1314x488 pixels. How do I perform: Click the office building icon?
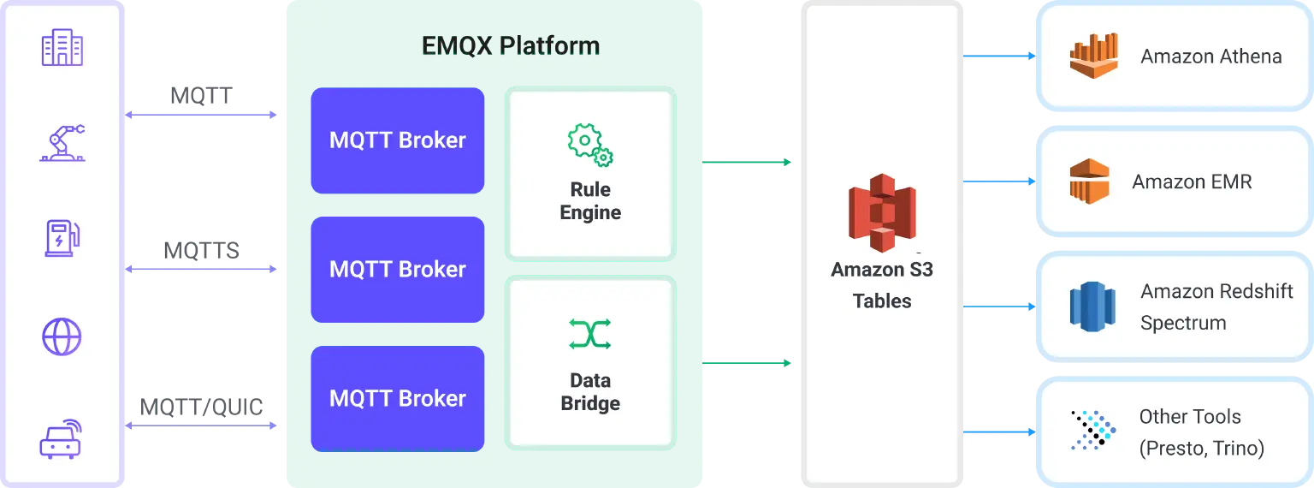pos(62,47)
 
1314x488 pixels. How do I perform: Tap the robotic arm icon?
pos(62,142)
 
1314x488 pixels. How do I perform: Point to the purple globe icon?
pos(62,336)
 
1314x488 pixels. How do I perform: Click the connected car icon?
pos(63,437)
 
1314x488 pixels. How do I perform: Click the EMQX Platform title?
pos(511,45)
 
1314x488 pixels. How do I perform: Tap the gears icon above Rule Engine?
pos(590,145)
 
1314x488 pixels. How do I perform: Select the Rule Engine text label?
pos(590,201)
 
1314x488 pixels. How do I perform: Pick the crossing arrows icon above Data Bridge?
pos(590,334)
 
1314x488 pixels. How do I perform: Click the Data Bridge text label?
pos(590,391)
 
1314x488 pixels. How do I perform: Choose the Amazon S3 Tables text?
pos(882,285)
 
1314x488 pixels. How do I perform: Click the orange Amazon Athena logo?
pos(1094,57)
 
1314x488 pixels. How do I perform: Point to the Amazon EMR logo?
pos(1088,182)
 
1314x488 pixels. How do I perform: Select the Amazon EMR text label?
pos(1192,182)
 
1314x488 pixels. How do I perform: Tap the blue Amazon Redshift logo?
pos(1093,306)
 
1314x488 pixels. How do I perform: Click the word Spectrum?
pos(1183,323)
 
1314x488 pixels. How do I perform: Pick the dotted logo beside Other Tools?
pos(1093,430)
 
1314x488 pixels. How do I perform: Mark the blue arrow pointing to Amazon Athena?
pos(1000,57)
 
